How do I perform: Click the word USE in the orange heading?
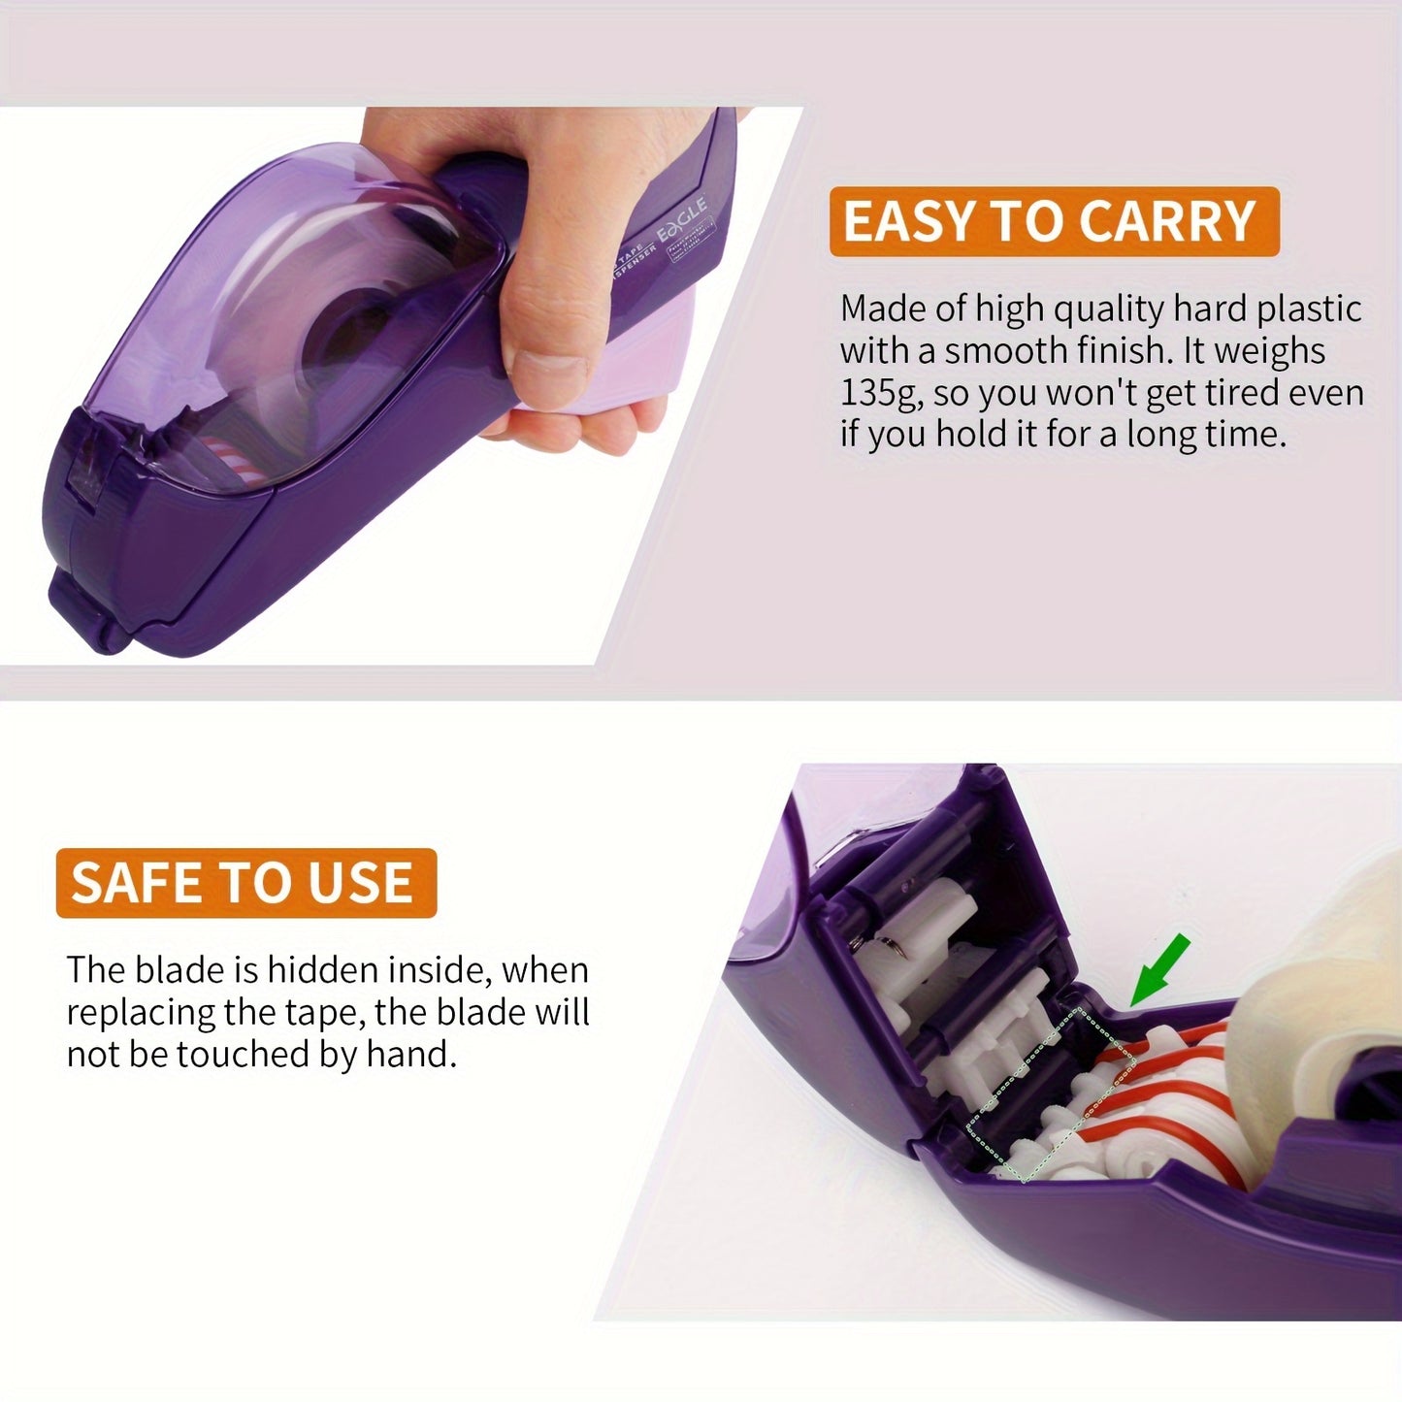[x=359, y=883]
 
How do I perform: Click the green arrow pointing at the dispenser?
[x=1157, y=969]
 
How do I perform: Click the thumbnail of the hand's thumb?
[x=549, y=369]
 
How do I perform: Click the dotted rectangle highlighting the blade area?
[x=1053, y=1092]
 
